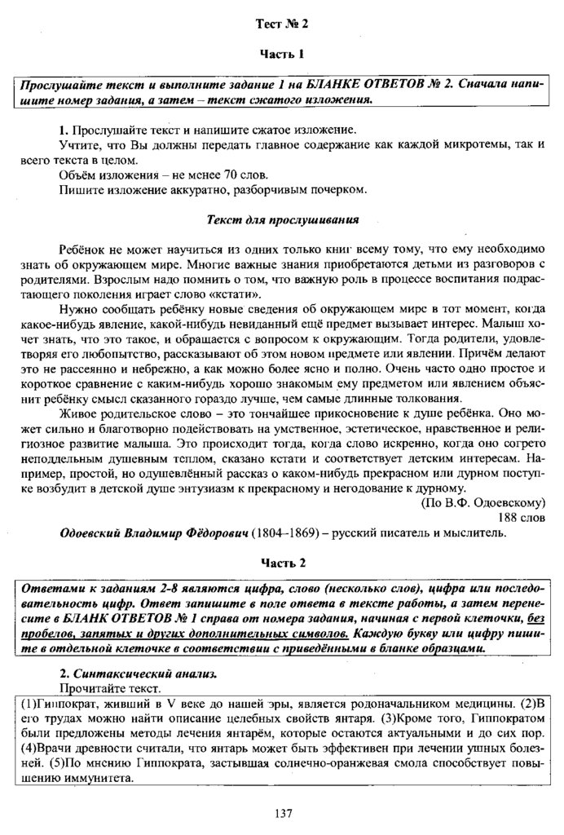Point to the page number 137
click(x=283, y=813)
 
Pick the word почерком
click(x=336, y=191)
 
